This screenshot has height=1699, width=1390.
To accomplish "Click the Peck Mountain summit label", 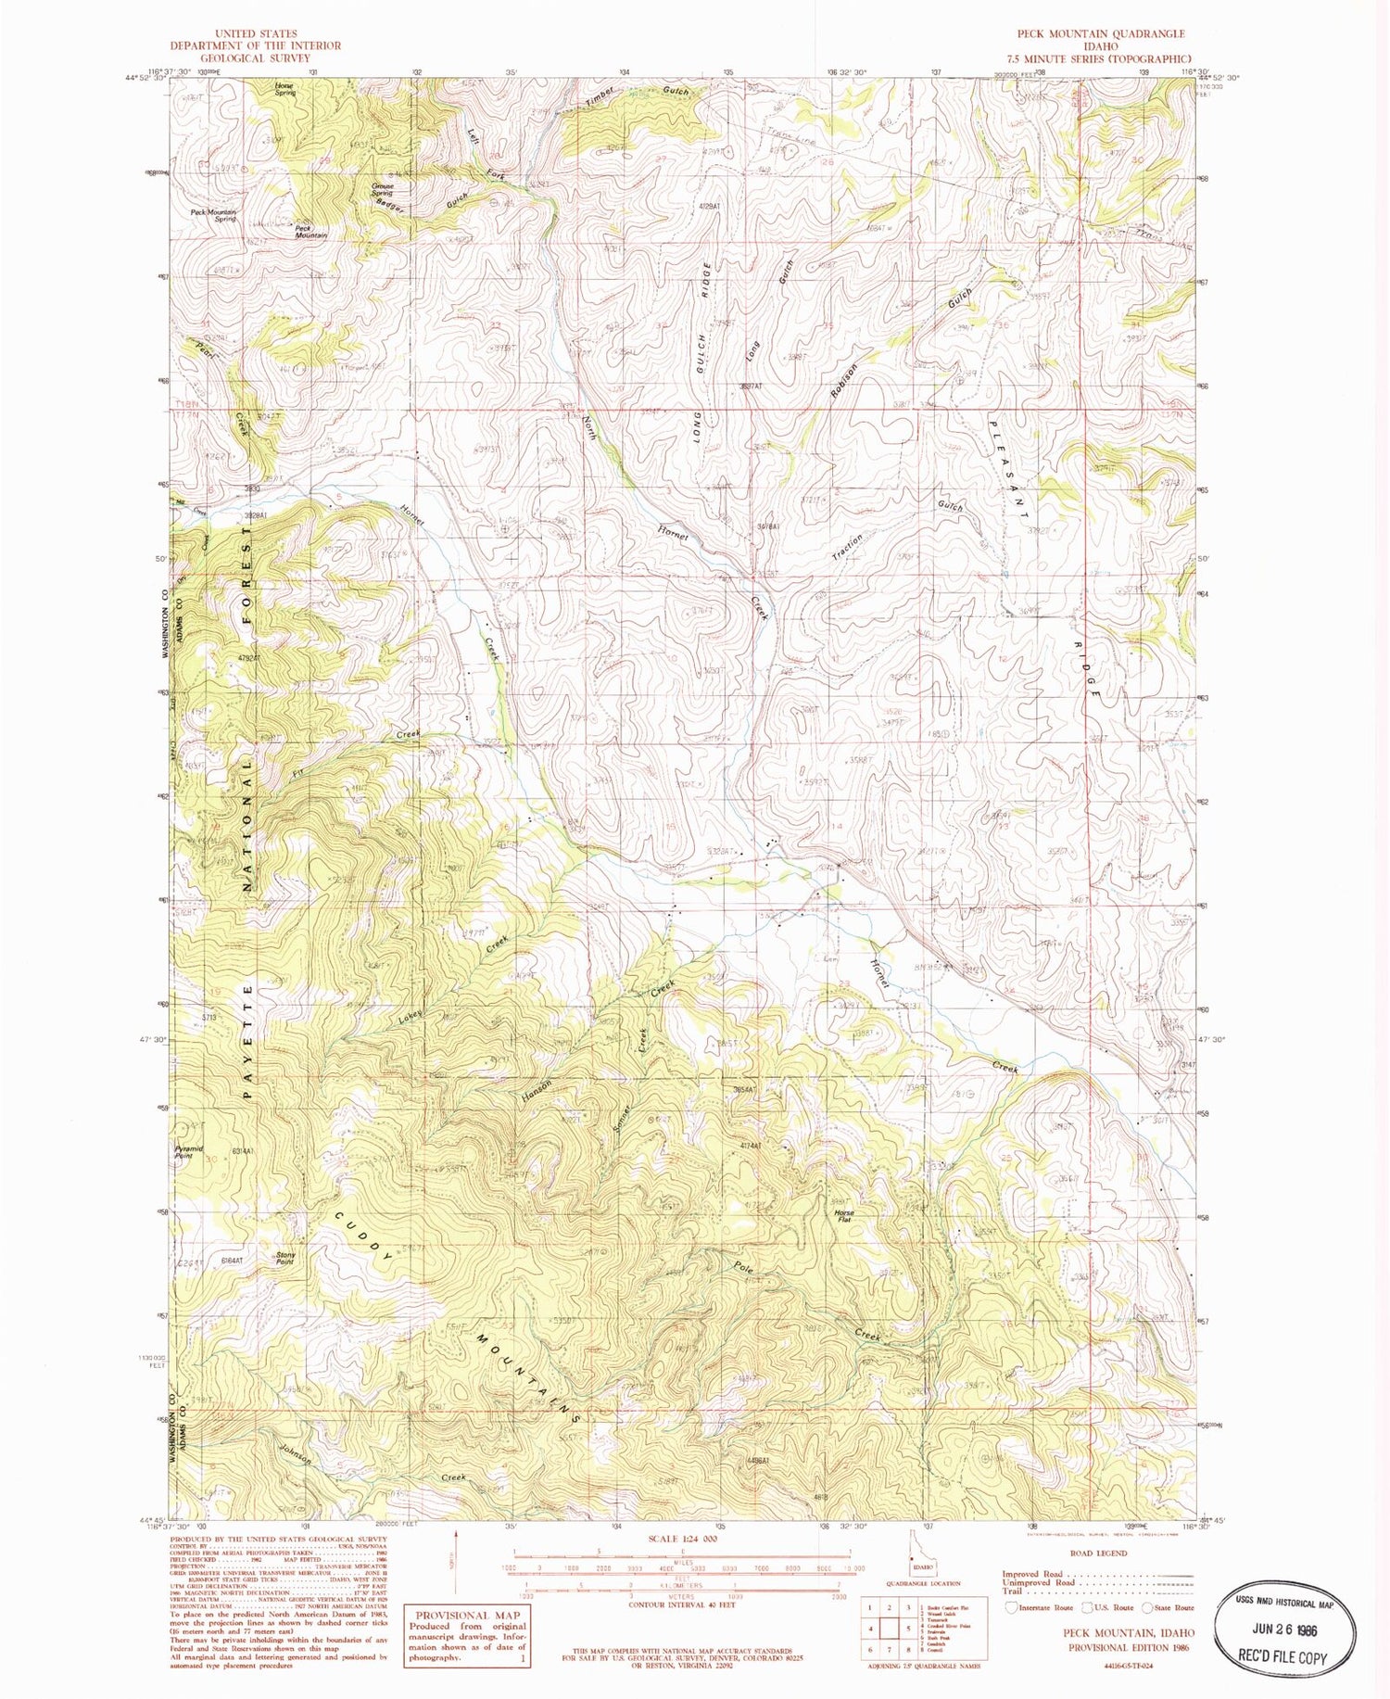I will [x=310, y=232].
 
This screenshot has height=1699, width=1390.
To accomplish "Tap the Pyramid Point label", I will [x=189, y=1152].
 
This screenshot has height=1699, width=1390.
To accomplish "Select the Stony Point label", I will [x=285, y=1258].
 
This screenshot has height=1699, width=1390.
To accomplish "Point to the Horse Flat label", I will [x=843, y=1215].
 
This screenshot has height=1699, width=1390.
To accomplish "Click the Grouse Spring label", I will [x=382, y=189].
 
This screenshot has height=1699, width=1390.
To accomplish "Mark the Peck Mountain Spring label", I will [x=213, y=215].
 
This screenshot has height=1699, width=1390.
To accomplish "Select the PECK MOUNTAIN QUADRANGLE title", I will [x=1100, y=33].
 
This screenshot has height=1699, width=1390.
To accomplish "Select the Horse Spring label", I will [x=284, y=89].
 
